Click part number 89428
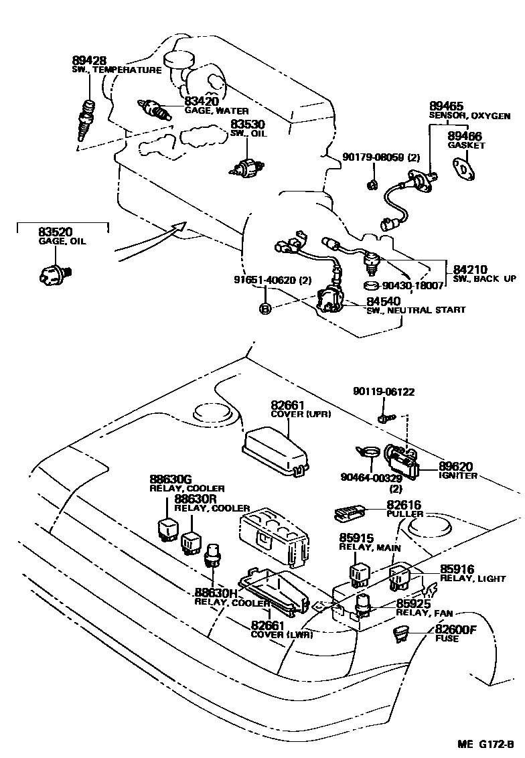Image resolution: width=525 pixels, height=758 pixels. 88,61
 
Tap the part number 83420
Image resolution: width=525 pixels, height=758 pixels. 202,101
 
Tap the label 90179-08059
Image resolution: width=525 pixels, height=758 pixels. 372,157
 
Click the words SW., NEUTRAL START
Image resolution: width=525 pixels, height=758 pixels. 415,310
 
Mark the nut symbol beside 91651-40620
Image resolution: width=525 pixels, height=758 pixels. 265,308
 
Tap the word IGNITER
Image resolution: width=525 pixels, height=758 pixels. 458,476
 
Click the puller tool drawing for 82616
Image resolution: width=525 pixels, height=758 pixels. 349,513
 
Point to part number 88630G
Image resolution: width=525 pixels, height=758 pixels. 171,480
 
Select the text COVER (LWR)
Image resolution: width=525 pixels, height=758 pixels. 282,635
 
